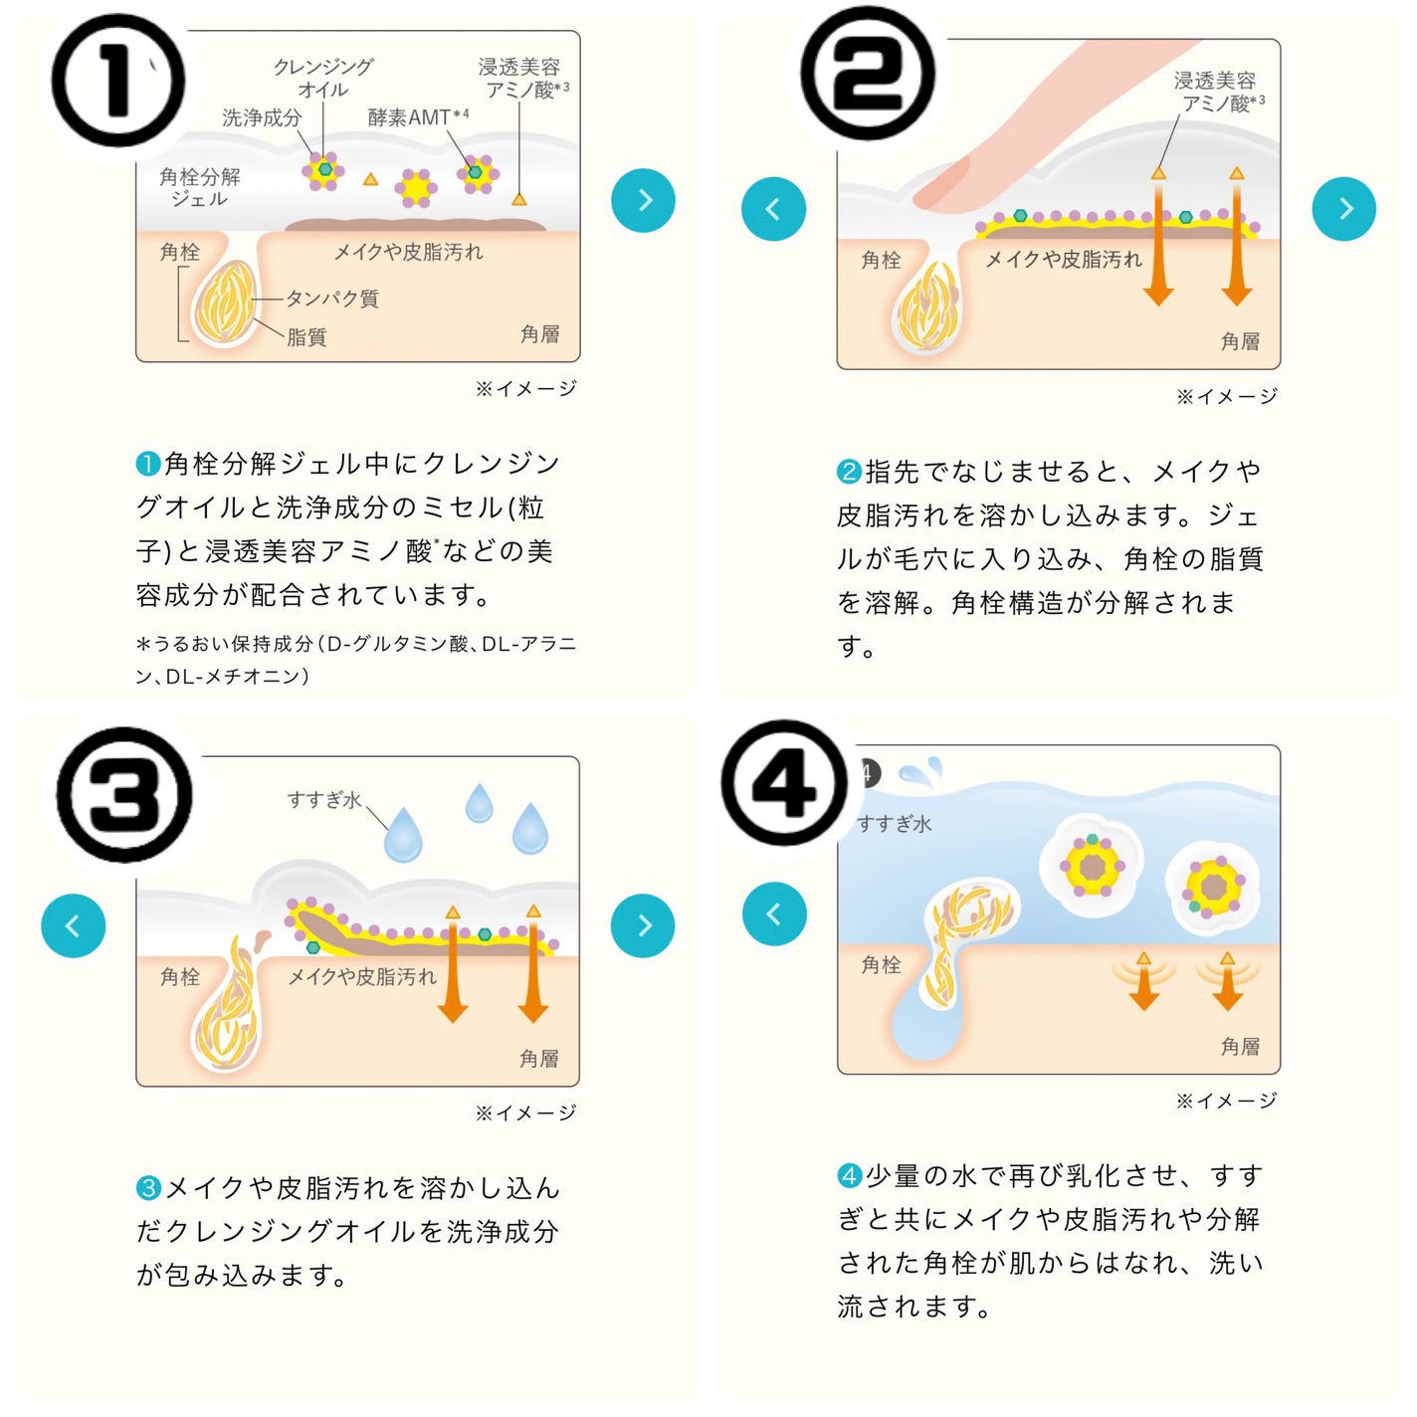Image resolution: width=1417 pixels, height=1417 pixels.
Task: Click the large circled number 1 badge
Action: click(x=117, y=82)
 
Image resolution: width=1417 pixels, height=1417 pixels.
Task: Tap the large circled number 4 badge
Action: click(x=785, y=784)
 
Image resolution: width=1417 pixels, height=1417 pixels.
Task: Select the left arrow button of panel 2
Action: click(x=773, y=209)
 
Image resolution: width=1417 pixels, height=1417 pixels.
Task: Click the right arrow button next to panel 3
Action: click(x=643, y=925)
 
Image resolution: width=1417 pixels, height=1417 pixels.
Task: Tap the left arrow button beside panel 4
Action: click(x=774, y=913)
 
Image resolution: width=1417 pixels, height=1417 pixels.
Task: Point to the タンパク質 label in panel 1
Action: click(x=332, y=299)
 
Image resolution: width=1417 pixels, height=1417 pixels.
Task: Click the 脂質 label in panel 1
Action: click(x=306, y=337)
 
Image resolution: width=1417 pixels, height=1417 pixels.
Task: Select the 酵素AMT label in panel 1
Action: click(x=417, y=117)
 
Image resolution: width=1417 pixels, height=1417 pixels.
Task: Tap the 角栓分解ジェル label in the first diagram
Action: click(x=200, y=187)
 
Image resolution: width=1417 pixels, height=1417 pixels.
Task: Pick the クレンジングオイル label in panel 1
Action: click(x=323, y=78)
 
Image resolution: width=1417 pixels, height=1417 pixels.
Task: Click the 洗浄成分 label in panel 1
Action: click(x=262, y=118)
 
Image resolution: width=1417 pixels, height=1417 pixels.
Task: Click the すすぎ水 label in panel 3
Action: click(x=323, y=800)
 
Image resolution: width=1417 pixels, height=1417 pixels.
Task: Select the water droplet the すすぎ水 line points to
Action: click(x=403, y=836)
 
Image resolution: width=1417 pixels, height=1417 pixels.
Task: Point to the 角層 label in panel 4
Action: click(x=1240, y=1046)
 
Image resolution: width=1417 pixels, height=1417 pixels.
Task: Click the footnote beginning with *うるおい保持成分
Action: click(x=355, y=660)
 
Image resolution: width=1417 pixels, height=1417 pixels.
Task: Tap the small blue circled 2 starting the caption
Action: click(x=849, y=472)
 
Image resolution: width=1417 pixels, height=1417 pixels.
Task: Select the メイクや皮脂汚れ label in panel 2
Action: click(x=1063, y=260)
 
